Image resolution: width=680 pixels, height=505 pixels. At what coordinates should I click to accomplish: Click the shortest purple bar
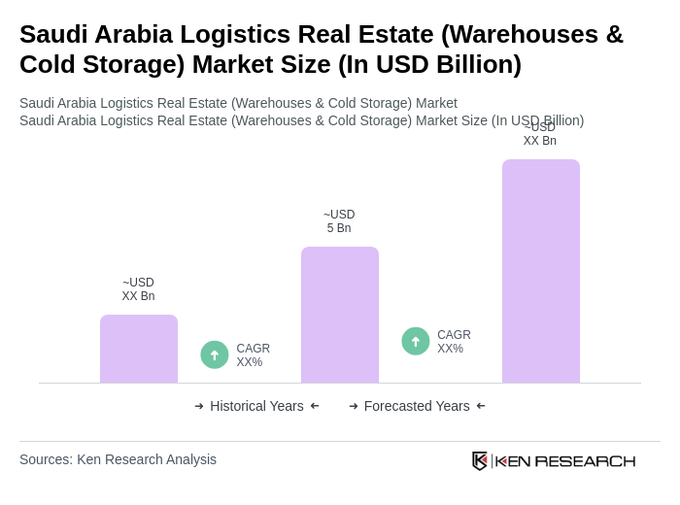[x=139, y=349]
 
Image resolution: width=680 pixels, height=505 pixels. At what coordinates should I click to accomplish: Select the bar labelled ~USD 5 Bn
[x=340, y=315]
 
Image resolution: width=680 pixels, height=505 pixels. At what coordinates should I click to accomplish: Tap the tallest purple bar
[x=541, y=271]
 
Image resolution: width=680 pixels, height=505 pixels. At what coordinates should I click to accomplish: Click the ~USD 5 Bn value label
[x=339, y=221]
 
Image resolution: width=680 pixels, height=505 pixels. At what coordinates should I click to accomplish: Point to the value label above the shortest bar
[x=138, y=289]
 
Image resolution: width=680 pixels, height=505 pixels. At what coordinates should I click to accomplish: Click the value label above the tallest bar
[x=540, y=135]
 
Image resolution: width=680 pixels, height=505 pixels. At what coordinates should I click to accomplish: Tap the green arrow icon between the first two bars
[x=215, y=354]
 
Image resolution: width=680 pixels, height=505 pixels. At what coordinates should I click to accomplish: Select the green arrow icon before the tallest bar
[x=416, y=341]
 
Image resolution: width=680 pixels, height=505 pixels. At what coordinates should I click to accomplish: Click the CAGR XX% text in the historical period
[x=253, y=355]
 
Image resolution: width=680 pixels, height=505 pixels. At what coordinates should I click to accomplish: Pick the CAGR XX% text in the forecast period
[x=454, y=342]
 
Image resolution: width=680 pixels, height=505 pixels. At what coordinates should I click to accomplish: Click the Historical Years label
[x=256, y=406]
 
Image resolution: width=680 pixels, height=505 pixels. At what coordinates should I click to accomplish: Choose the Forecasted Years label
[x=417, y=406]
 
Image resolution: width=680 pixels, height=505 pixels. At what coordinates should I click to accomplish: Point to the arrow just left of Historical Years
[x=199, y=406]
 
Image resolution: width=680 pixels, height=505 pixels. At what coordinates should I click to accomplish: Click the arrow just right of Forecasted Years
[x=481, y=406]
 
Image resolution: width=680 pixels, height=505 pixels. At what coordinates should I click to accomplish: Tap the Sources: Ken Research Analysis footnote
[x=118, y=459]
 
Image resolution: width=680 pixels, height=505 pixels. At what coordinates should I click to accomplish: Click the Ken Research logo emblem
[x=480, y=460]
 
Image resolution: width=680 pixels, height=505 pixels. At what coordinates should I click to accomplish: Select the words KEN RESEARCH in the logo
[x=565, y=460]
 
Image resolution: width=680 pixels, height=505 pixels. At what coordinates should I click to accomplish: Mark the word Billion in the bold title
[x=473, y=64]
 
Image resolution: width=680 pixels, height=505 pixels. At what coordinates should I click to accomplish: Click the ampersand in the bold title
[x=614, y=34]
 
